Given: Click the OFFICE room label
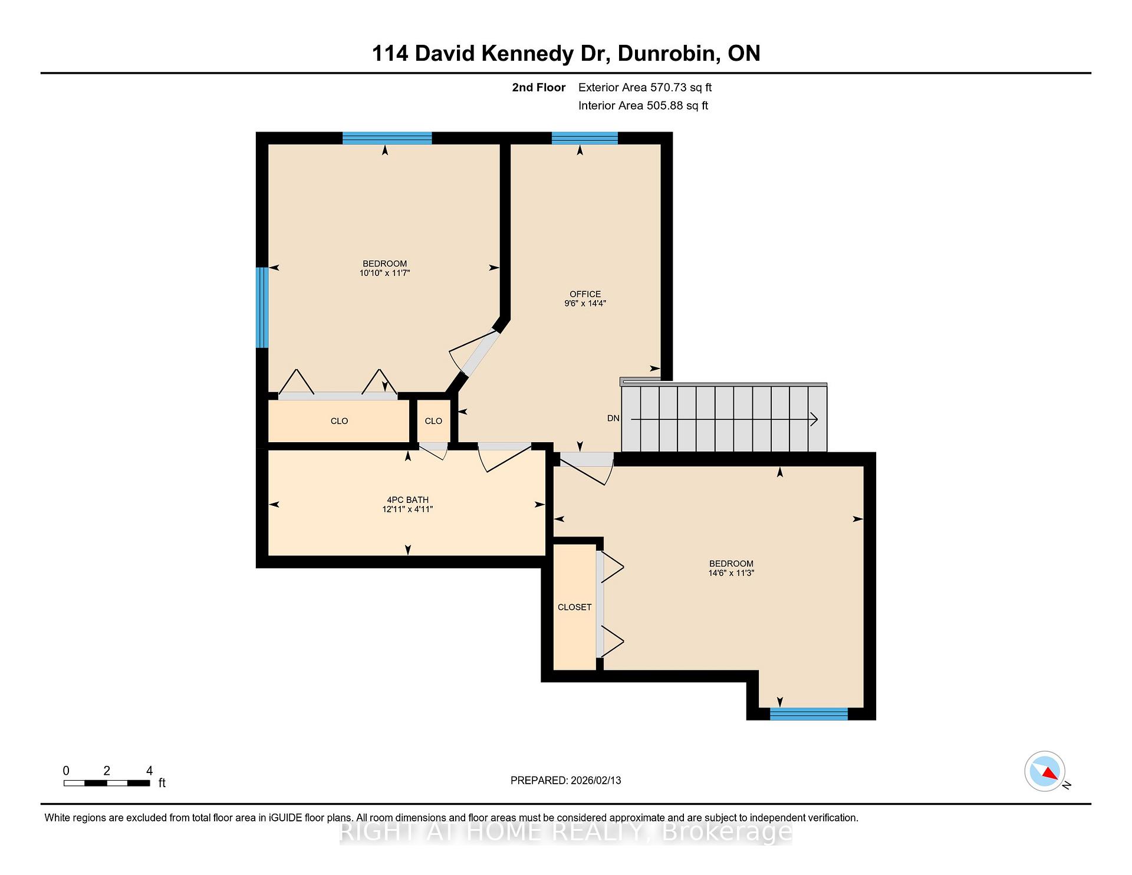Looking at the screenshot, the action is [585, 294].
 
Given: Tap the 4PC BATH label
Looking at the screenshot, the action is [407, 500].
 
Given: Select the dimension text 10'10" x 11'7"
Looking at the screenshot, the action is [384, 273].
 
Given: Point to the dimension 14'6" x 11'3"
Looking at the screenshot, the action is [731, 573].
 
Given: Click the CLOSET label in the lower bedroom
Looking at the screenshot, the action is [574, 607].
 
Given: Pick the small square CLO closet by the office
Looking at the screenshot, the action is [433, 421].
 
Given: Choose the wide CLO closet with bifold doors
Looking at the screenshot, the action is [339, 421].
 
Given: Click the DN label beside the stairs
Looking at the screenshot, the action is [613, 418].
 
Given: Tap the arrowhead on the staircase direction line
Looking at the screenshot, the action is [814, 419].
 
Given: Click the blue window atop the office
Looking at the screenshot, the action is [584, 139].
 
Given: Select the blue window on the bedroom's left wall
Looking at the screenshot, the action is [262, 308].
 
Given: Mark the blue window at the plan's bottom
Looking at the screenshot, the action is [808, 714].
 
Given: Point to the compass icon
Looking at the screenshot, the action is [1045, 771].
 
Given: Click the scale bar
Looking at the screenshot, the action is [107, 783].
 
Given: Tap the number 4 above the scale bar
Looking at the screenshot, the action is [149, 771].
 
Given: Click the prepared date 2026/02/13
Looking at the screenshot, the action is [595, 781].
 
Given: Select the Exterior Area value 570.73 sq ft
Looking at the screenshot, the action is [681, 88].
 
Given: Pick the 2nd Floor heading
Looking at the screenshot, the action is [538, 88].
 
